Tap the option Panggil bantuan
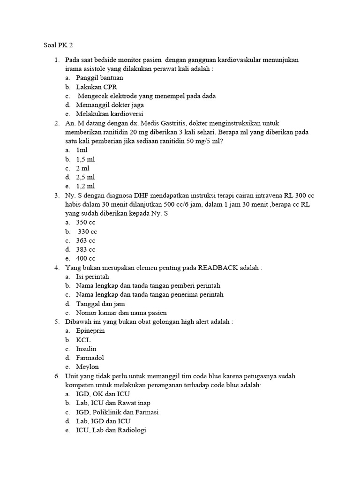pyautogui.click(x=99, y=78)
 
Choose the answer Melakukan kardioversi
pyautogui.click(x=110, y=114)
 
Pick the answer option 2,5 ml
pyautogui.click(x=85, y=177)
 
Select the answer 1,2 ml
pyautogui.click(x=85, y=186)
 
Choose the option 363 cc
pyautogui.click(x=85, y=240)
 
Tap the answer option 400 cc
pyautogui.click(x=85, y=259)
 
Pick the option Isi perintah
pyautogui.click(x=92, y=277)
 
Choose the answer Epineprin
pyautogui.click(x=90, y=331)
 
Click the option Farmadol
pyautogui.click(x=90, y=358)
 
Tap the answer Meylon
pyautogui.click(x=88, y=367)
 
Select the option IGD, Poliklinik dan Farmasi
pyautogui.click(x=117, y=412)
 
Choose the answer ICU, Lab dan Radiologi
pyautogui.click(x=111, y=430)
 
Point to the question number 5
pyautogui.click(x=56, y=322)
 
